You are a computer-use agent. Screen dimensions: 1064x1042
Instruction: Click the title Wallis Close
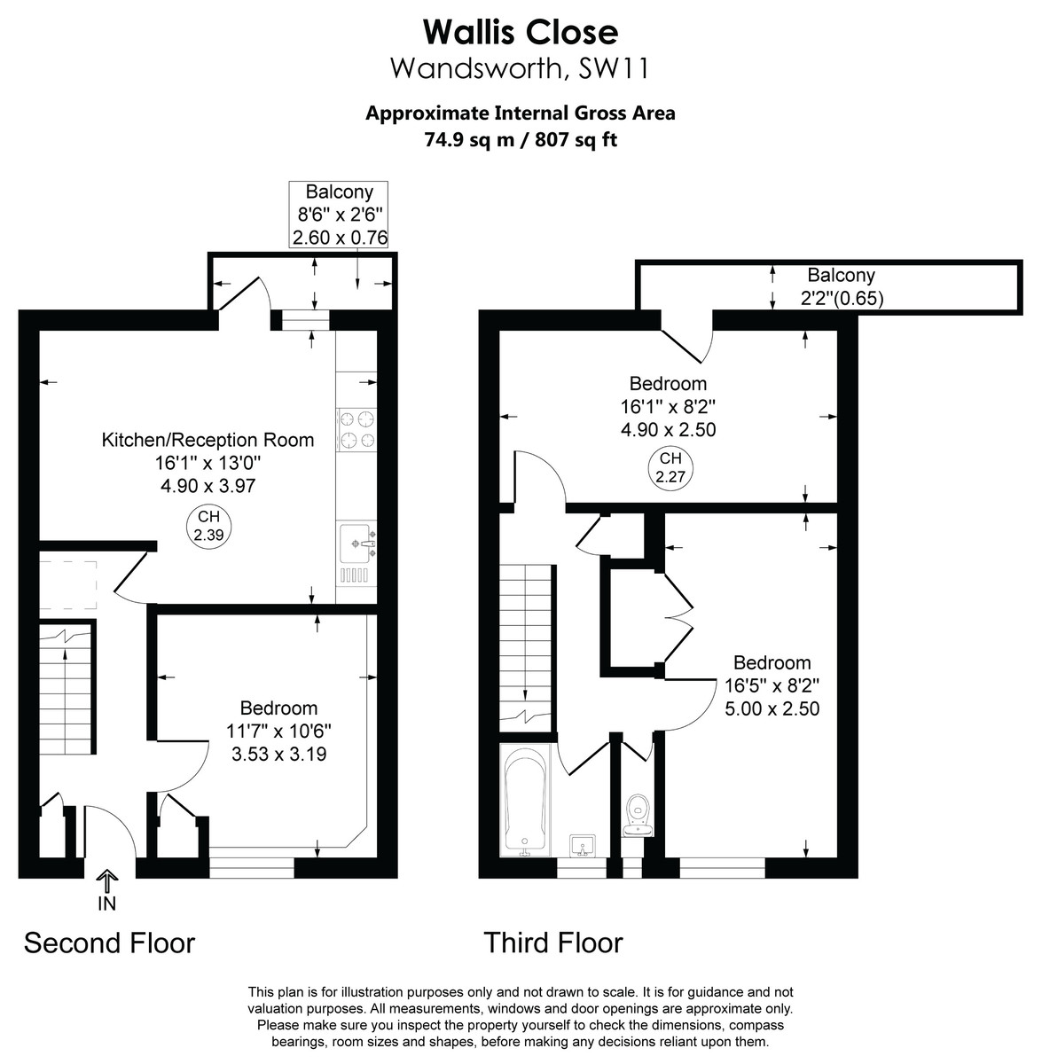click(x=521, y=32)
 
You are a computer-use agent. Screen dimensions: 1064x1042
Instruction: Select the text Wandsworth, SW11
click(x=521, y=68)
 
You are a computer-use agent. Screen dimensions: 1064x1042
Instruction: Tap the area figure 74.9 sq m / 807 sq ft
click(x=521, y=139)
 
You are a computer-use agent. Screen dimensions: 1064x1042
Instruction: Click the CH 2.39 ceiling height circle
click(x=208, y=525)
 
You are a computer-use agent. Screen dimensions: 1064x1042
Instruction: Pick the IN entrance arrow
click(x=107, y=888)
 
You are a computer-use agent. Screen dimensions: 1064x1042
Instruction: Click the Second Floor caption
click(x=109, y=943)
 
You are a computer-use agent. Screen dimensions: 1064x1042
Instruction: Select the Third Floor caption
click(x=553, y=943)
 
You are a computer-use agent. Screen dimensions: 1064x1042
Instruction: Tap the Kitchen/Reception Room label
click(x=208, y=440)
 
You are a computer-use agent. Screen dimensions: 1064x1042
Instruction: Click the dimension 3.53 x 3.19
click(x=278, y=755)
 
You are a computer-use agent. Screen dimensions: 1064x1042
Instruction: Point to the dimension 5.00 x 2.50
click(x=772, y=708)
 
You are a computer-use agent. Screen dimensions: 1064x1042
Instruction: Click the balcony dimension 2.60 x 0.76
click(x=340, y=237)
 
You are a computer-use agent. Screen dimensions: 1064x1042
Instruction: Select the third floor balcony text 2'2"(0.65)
click(x=841, y=299)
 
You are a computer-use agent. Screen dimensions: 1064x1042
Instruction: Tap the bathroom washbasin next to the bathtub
click(x=583, y=843)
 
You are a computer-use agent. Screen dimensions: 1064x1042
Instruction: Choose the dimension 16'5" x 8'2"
click(x=772, y=685)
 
